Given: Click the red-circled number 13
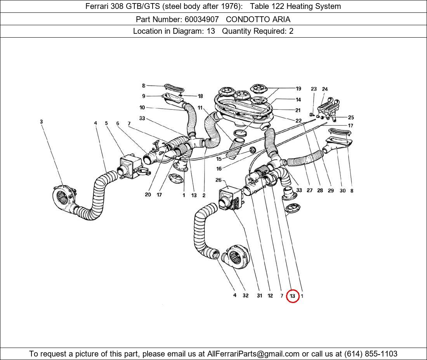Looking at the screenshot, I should click(292, 296).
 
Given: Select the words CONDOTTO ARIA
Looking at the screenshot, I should click(258, 19).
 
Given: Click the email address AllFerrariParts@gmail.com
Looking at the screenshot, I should click(253, 354).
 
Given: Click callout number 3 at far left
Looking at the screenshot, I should click(41, 122).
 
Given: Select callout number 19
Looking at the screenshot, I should click(298, 89).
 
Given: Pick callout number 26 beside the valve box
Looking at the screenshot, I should click(218, 180).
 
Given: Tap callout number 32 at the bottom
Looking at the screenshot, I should click(245, 296).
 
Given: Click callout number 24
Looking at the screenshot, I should click(325, 89).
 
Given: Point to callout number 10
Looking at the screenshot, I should click(142, 107).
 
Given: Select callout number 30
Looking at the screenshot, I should click(342, 191).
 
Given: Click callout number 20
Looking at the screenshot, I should click(148, 195).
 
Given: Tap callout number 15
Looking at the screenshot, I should click(219, 159).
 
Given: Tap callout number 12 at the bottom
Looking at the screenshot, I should click(270, 296).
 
